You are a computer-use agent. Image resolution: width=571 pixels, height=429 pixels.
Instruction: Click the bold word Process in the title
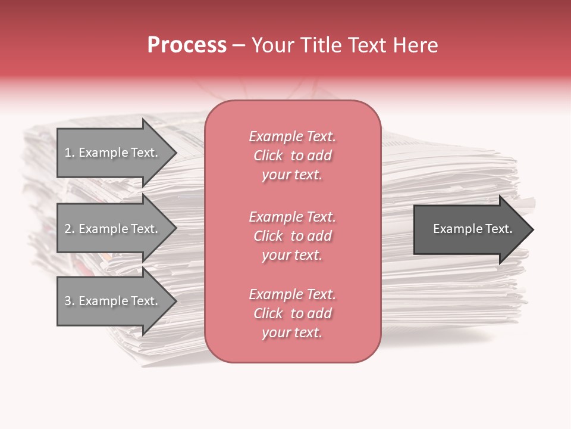(x=187, y=45)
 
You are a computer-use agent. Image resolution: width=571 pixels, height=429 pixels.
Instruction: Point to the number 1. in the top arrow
(x=69, y=153)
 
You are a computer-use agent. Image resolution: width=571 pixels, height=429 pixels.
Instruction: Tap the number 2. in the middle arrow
(x=69, y=229)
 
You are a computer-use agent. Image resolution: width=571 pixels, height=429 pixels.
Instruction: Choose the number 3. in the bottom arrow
(x=69, y=301)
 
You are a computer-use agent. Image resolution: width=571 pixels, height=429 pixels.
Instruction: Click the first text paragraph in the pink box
(x=292, y=156)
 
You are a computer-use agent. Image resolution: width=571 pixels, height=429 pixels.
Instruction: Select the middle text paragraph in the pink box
(x=292, y=236)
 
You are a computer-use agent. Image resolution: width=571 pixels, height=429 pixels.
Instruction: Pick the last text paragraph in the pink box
(x=292, y=313)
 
